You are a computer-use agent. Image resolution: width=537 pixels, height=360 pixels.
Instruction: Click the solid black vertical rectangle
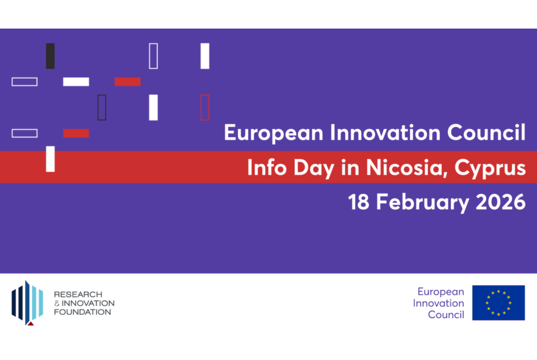50,56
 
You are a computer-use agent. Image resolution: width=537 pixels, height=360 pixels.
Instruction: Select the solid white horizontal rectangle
76,82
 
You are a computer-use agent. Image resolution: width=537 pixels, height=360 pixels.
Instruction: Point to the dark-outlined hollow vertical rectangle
98,107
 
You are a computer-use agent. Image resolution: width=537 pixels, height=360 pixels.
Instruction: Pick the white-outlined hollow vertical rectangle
149,56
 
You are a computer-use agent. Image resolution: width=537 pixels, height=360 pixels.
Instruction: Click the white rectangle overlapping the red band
50,159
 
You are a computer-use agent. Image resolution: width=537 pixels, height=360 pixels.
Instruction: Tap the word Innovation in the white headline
385,132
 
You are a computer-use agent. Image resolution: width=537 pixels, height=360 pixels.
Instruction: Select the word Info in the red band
267,167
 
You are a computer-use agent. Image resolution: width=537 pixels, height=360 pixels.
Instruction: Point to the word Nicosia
407,167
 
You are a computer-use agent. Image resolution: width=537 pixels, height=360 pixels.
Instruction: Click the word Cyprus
490,168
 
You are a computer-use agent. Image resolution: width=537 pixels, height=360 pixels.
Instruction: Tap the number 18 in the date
359,202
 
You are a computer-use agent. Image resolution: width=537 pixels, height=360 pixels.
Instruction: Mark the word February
423,202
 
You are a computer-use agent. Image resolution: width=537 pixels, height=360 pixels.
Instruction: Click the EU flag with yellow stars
498,303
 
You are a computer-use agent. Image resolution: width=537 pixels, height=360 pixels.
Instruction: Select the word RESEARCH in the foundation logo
78,294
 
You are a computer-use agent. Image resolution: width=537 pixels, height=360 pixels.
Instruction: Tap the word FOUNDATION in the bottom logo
82,312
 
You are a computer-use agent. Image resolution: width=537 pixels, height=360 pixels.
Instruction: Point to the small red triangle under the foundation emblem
31,323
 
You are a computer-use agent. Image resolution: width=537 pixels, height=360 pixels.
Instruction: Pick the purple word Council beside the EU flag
446,314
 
